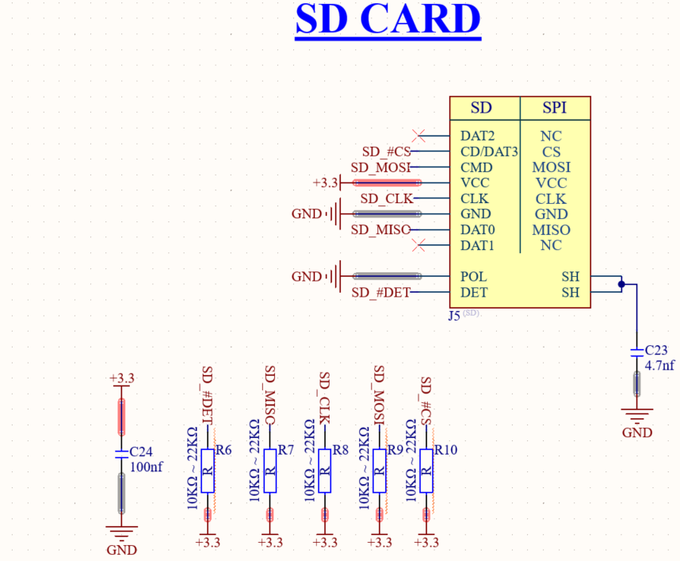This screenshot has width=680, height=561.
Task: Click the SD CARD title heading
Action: coord(388,20)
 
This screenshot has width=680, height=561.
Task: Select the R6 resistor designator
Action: coord(223,450)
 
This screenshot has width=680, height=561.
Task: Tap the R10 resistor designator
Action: coord(445,450)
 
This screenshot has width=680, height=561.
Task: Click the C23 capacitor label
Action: coord(657,350)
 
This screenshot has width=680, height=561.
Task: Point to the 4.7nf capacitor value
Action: coord(660,366)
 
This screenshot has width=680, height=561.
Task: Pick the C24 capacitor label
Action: coord(140,451)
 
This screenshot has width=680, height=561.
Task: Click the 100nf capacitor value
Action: coord(145,467)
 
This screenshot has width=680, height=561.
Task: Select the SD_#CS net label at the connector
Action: coord(384,152)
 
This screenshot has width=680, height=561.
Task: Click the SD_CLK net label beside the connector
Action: coord(387,198)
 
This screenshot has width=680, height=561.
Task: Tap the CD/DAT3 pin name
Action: coord(489,152)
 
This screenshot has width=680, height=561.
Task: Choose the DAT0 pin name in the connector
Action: coord(477,230)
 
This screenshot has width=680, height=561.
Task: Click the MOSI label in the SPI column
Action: coord(551,167)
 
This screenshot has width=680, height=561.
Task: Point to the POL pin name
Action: coord(473,277)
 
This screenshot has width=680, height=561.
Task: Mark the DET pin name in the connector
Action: coord(474,293)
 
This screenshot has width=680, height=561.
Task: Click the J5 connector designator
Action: coord(454,315)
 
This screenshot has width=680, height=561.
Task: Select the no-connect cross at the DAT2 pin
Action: coord(420,136)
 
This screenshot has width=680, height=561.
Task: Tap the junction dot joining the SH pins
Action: coord(622,283)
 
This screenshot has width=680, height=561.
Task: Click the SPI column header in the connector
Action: coord(554,107)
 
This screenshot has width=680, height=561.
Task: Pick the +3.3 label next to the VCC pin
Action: coord(325,183)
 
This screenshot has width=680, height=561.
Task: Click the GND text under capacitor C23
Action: coord(637,432)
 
